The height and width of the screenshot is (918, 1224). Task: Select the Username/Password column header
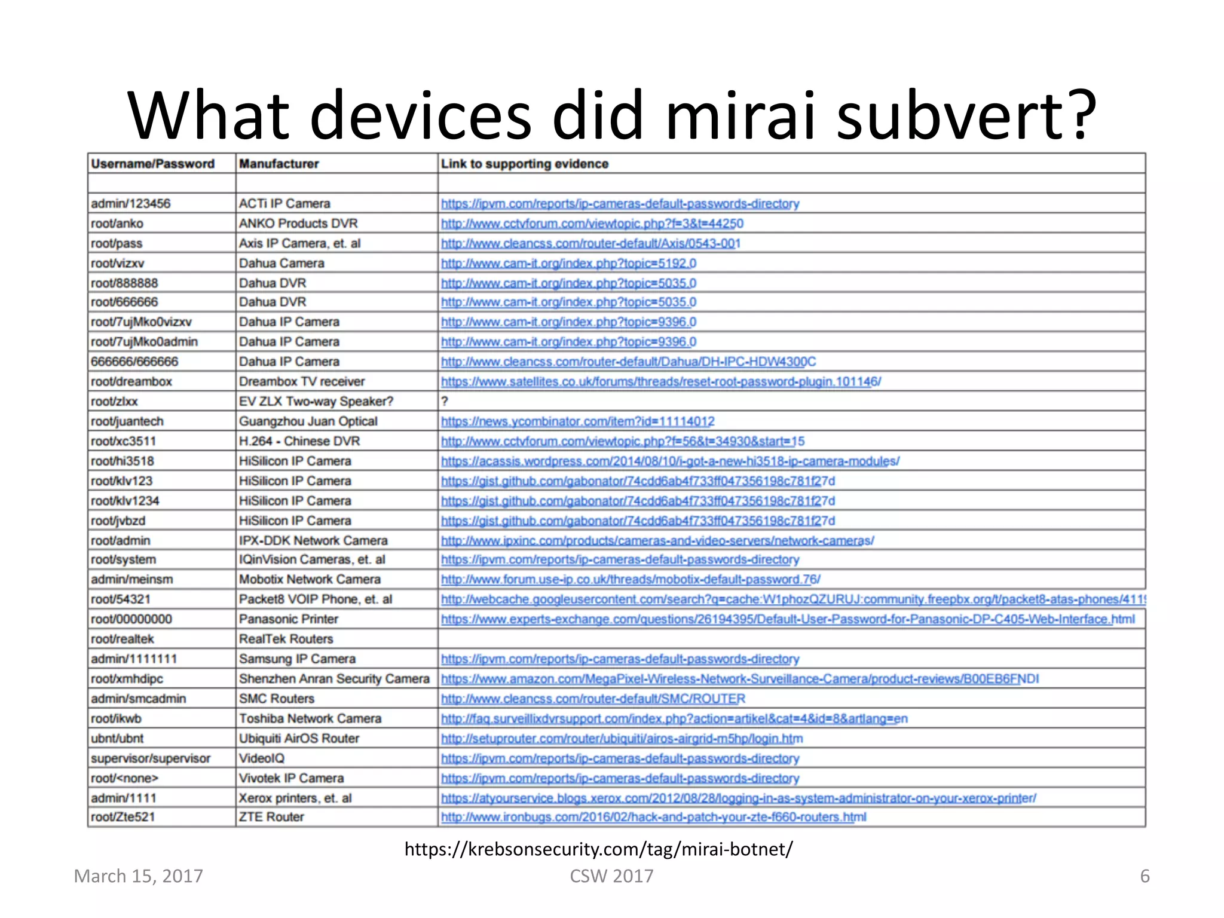152,164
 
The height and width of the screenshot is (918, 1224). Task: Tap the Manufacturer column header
279,164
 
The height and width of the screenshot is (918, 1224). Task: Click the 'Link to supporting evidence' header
524,164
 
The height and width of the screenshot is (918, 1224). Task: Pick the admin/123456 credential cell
131,204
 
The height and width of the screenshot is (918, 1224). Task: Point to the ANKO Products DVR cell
298,224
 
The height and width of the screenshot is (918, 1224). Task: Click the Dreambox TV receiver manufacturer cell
302,381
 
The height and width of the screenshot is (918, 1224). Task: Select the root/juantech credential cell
127,421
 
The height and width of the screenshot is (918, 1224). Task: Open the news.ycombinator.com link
577,421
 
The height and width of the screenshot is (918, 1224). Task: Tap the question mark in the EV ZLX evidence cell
445,402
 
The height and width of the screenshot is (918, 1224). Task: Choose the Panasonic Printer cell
289,619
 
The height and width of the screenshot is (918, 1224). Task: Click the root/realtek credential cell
123,639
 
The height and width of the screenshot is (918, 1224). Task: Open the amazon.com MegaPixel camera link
740,679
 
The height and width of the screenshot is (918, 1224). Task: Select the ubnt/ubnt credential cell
117,738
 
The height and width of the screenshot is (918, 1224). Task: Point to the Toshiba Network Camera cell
310,718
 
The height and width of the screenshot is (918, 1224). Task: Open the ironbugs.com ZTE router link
653,817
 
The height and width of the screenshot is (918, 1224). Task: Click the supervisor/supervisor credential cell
151,758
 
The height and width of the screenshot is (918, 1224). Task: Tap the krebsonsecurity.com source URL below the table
598,849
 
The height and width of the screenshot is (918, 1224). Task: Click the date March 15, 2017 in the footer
139,876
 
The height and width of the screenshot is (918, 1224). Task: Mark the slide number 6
1145,876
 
